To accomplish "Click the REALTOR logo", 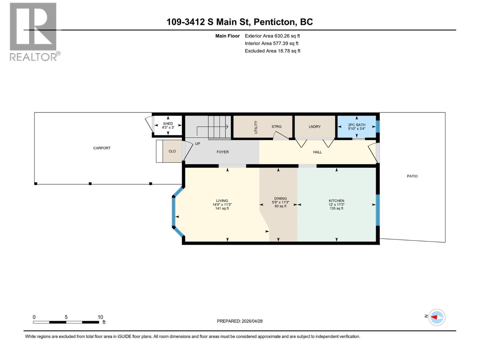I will (x=33, y=31).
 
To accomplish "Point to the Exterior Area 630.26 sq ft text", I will (x=272, y=36).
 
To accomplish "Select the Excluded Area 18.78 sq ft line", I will (x=272, y=51).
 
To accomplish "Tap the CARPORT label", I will (x=102, y=148).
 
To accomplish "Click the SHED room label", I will (x=168, y=124).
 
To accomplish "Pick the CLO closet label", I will (x=172, y=151).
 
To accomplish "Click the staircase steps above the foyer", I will (x=219, y=126).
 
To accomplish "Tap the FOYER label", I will (x=223, y=152).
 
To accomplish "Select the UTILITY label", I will (x=256, y=127).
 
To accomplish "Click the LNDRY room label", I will (x=315, y=127).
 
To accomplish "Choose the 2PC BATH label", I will (x=357, y=125).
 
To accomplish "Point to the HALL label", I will (x=317, y=152).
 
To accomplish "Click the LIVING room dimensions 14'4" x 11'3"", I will (x=222, y=205).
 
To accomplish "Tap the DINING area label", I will (x=280, y=199).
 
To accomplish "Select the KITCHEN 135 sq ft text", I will (x=336, y=208).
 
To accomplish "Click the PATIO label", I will (x=412, y=176).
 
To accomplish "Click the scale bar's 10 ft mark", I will (x=100, y=317).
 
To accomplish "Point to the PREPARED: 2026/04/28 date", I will (x=240, y=321).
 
